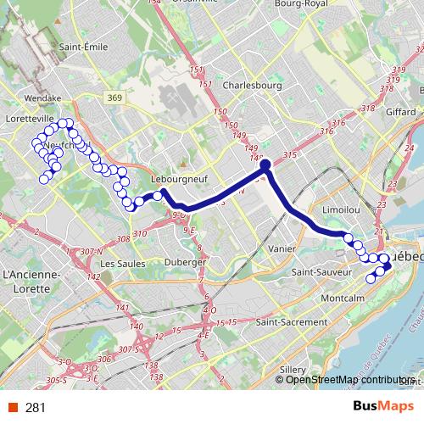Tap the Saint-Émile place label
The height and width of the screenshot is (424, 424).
(82, 47)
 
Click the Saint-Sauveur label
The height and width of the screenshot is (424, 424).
(321, 272)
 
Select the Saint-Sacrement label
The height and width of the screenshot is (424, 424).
(291, 322)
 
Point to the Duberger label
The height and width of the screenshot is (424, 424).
(186, 262)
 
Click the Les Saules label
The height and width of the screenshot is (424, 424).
(120, 264)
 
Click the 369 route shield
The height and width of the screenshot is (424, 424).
(115, 99)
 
